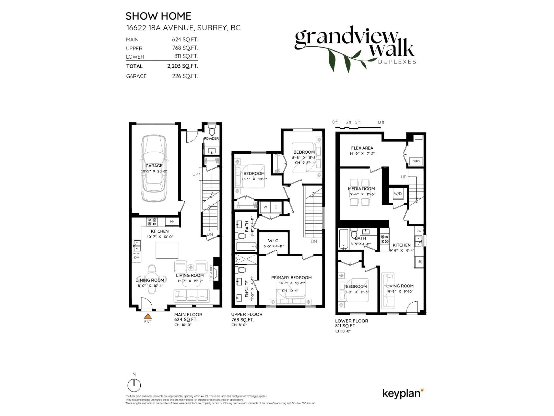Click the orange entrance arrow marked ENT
[148, 316]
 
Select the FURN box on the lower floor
[416, 161]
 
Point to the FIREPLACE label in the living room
[211, 273]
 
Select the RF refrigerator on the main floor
[172, 221]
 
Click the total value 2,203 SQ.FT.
[183, 66]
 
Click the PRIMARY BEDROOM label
[291, 278]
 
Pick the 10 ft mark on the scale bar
[381, 122]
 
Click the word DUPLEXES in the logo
[397, 62]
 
